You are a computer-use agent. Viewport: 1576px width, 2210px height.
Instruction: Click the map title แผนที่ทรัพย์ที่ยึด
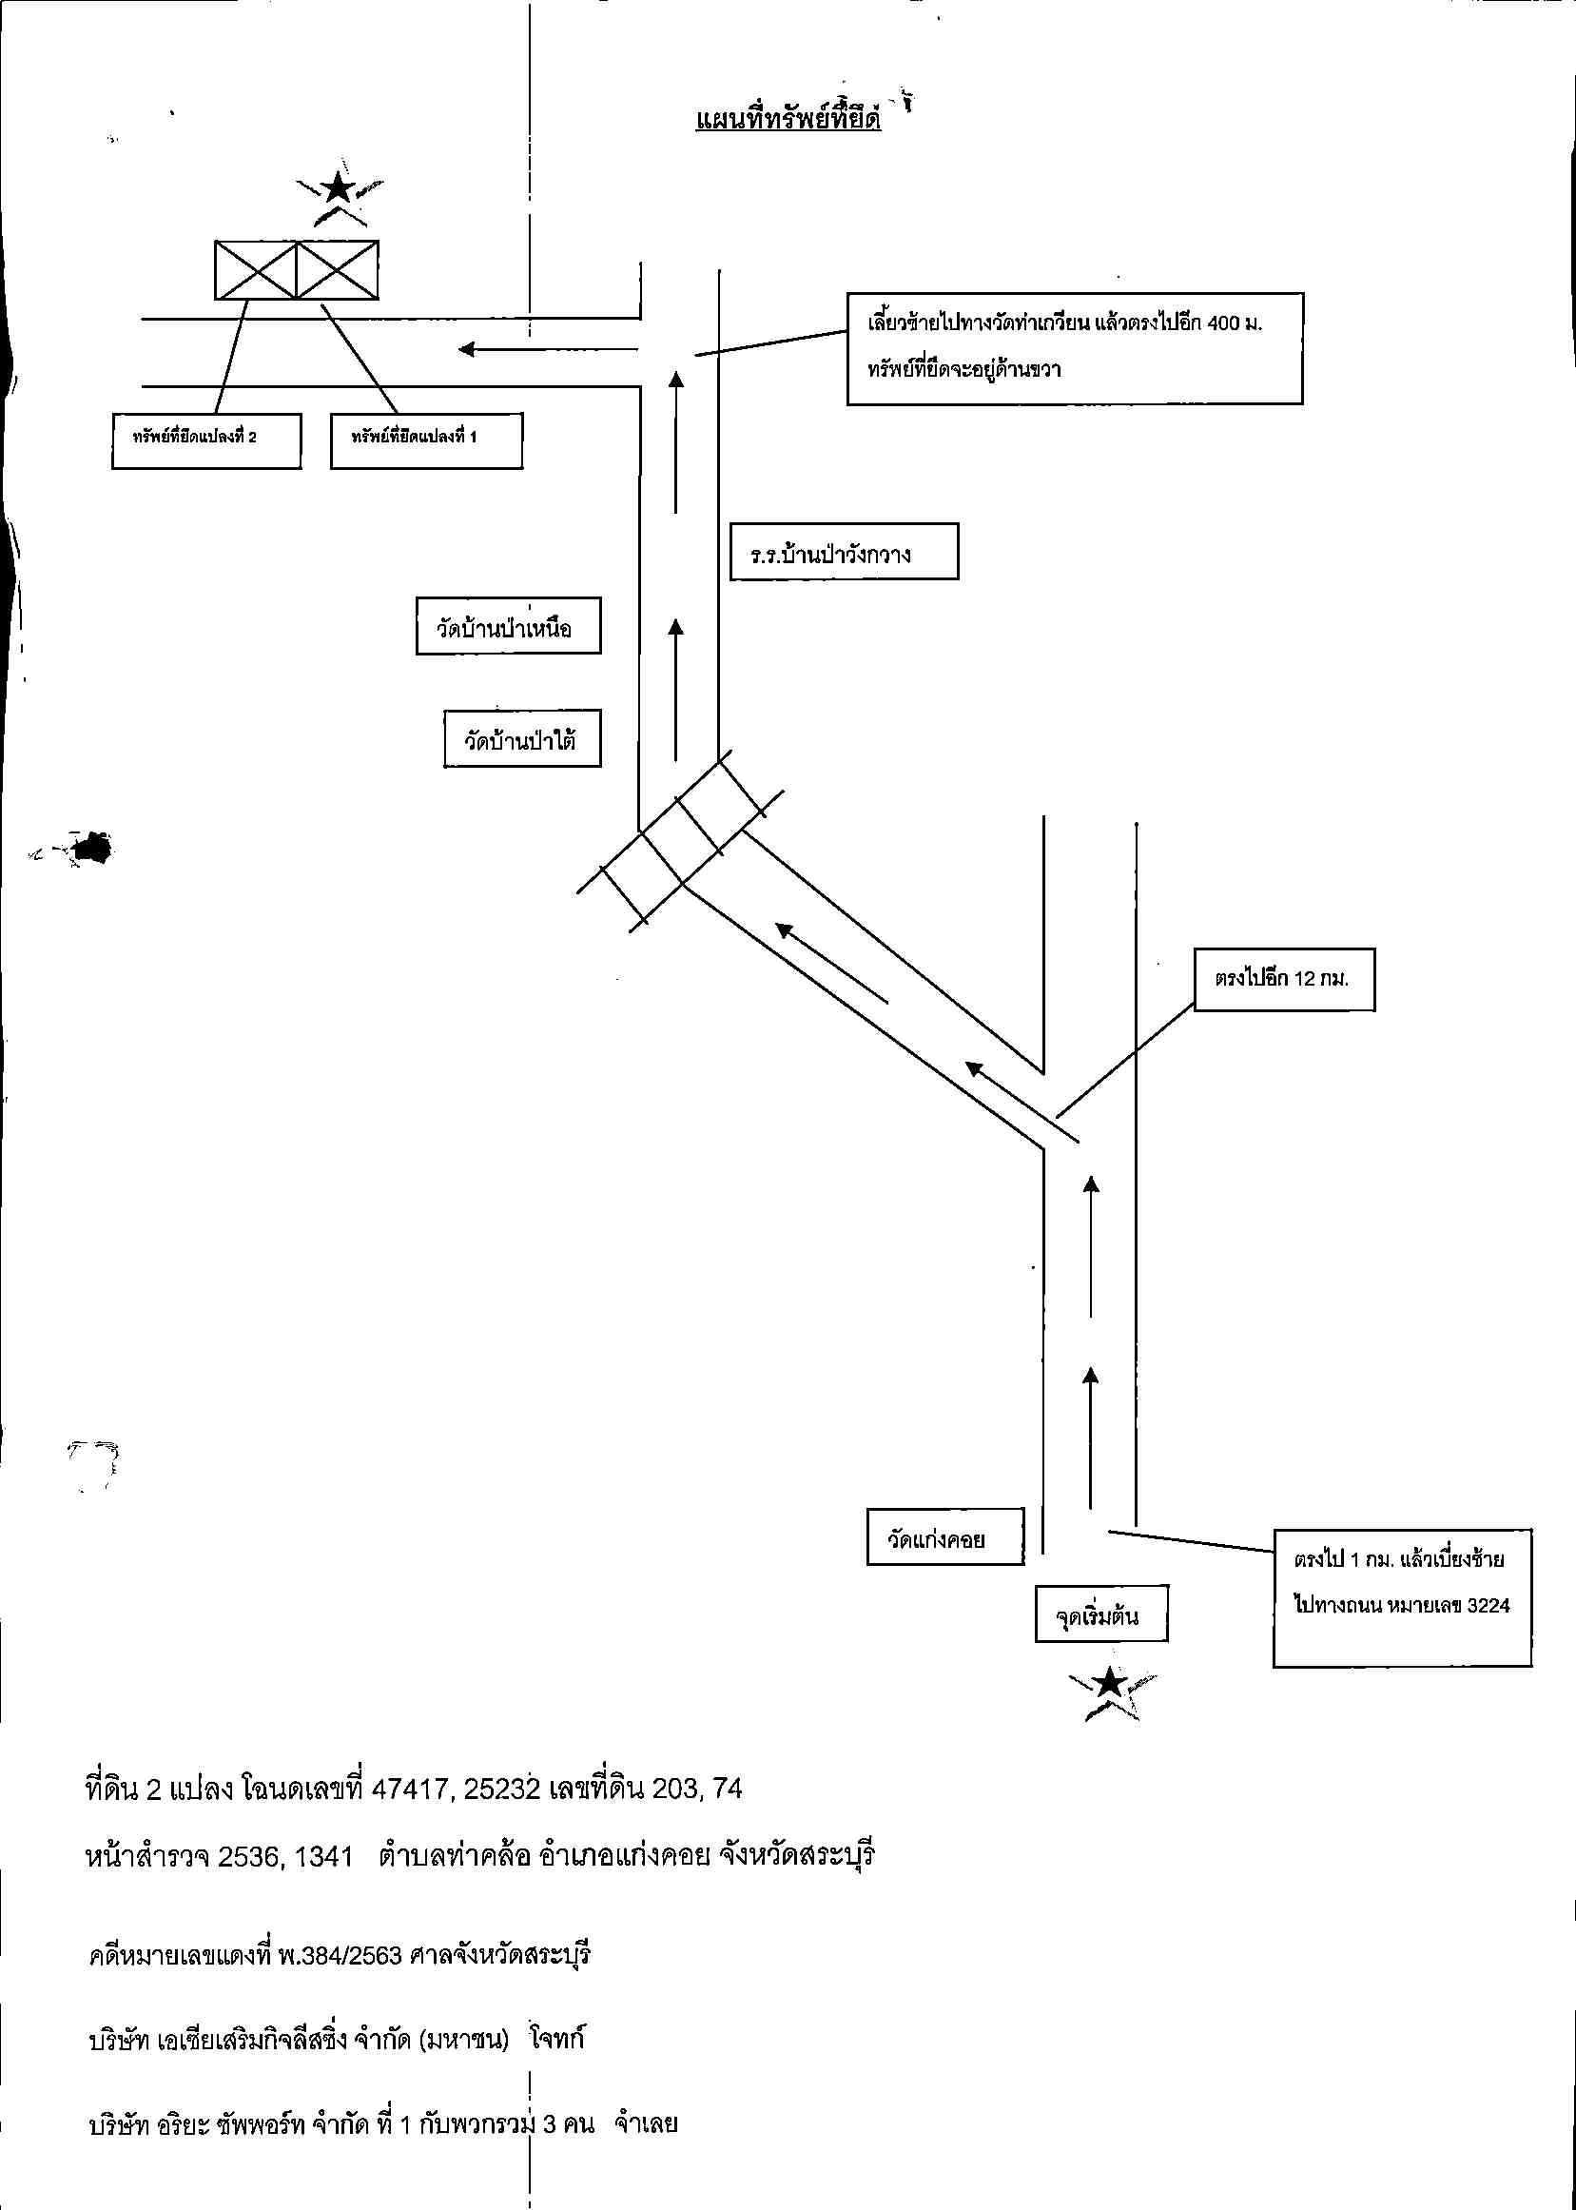pyautogui.click(x=788, y=119)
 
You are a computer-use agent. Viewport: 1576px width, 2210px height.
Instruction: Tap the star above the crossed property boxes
pyautogui.click(x=338, y=186)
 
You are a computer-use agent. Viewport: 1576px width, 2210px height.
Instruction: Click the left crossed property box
pyautogui.click(x=255, y=270)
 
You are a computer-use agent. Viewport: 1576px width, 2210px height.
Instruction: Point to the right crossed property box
pyautogui.click(x=337, y=270)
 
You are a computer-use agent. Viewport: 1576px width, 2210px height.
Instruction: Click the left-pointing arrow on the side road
pyautogui.click(x=547, y=349)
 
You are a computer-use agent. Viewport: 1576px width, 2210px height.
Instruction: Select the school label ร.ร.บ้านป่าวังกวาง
pyautogui.click(x=829, y=557)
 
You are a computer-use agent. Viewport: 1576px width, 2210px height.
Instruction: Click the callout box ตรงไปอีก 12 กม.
pyautogui.click(x=1284, y=979)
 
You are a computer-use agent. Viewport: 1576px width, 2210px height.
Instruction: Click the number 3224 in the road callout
pyautogui.click(x=1488, y=1605)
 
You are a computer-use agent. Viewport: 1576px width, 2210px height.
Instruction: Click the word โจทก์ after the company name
pyautogui.click(x=557, y=2038)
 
